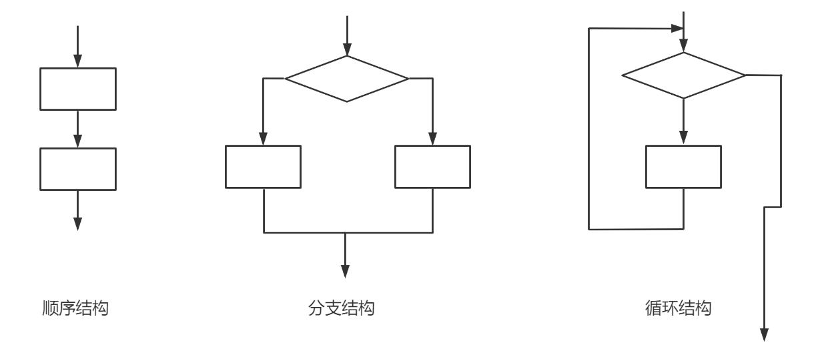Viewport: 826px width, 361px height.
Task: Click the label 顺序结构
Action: [x=75, y=309]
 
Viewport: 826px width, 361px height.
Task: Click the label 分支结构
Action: [x=341, y=309]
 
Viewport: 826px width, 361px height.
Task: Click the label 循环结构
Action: [x=679, y=309]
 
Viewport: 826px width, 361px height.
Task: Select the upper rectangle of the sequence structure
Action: [x=78, y=89]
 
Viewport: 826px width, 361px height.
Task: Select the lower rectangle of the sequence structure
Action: [x=78, y=169]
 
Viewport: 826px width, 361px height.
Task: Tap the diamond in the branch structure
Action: [x=346, y=79]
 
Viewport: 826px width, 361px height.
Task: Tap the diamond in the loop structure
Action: [x=683, y=75]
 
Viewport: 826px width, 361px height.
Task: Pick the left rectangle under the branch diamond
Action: [x=263, y=167]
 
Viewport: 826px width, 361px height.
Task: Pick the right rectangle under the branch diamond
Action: [x=432, y=167]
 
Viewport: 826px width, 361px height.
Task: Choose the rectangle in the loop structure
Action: [x=683, y=167]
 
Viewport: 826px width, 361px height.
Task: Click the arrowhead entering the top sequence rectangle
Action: [x=78, y=61]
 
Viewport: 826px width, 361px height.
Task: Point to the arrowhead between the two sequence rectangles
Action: [x=78, y=141]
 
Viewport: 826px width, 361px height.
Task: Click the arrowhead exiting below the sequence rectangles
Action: [x=78, y=223]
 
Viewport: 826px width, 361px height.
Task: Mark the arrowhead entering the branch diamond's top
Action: [x=346, y=49]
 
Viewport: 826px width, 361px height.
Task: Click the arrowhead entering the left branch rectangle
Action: [x=263, y=138]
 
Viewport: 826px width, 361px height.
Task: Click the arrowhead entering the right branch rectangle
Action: [x=432, y=138]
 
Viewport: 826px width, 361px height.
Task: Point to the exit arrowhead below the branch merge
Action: [x=345, y=271]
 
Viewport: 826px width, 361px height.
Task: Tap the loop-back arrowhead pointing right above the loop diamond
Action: [x=676, y=29]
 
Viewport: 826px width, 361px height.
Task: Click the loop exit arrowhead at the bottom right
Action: [x=765, y=335]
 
